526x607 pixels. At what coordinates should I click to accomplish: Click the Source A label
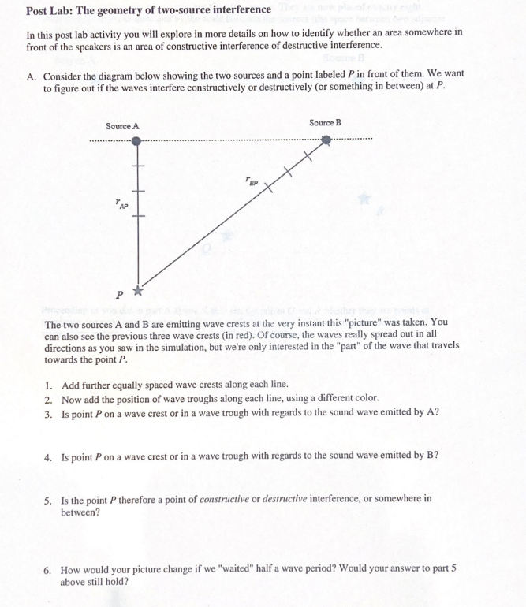tap(122, 126)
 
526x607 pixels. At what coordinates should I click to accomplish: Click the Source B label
tap(325, 122)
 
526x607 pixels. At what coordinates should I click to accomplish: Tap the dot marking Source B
tap(326, 140)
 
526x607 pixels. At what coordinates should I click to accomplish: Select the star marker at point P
tap(137, 290)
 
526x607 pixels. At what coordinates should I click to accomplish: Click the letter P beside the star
tap(119, 295)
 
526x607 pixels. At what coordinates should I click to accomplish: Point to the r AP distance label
tap(121, 206)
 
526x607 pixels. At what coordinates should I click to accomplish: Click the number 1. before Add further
tap(49, 385)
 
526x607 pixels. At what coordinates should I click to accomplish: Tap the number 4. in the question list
tap(49, 456)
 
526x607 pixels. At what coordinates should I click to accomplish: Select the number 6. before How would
tap(49, 569)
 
